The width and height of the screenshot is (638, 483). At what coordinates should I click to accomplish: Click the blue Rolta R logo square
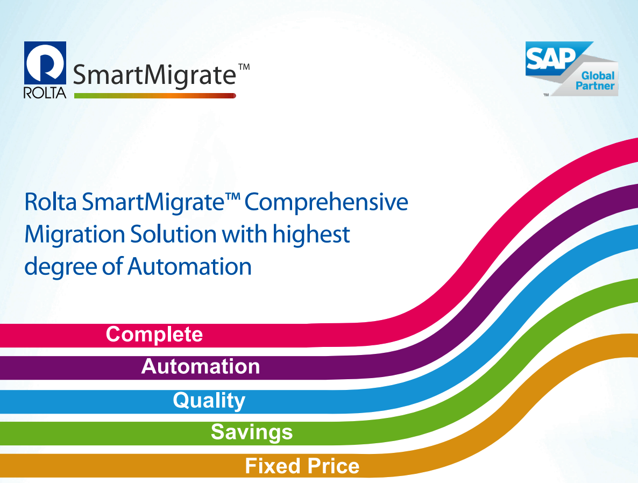45,63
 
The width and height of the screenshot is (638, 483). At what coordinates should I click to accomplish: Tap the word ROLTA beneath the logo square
45,93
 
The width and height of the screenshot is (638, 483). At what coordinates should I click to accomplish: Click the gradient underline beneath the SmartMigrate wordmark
155,96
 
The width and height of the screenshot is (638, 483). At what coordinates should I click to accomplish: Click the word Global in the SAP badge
598,76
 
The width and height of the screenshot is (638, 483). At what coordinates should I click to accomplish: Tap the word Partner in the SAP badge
595,86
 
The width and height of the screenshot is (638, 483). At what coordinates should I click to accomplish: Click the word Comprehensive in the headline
327,202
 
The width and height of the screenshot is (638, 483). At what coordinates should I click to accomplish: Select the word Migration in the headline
74,235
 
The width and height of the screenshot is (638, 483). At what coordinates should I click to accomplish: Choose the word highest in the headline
311,235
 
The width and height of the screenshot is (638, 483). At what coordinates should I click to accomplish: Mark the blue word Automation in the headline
189,267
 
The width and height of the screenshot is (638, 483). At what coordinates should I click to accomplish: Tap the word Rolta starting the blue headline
51,202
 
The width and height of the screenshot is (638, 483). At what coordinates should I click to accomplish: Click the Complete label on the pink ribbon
154,335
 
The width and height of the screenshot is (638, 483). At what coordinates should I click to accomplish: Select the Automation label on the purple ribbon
201,366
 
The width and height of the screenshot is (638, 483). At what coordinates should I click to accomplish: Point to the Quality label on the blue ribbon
209,400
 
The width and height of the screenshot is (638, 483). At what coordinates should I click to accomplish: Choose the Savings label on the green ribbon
252,432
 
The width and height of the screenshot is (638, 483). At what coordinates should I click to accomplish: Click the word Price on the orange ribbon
333,466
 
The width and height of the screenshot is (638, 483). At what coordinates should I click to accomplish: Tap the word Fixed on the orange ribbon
273,466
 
